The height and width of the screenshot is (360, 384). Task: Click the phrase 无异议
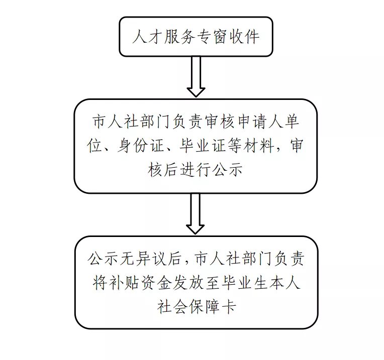pyautogui.click(x=146, y=259)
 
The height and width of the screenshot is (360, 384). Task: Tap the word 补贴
pyautogui.click(x=126, y=283)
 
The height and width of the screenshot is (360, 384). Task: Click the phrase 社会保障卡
pyautogui.click(x=196, y=307)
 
